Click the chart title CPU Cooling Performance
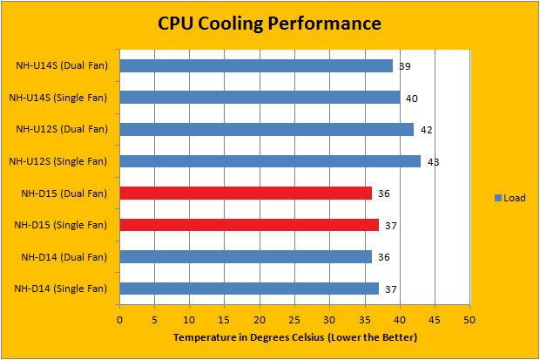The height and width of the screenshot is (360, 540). [269, 23]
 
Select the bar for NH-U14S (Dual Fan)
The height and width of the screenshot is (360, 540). [256, 65]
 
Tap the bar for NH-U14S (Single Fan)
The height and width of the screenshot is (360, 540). [260, 98]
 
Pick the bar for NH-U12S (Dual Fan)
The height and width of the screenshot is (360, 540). [267, 129]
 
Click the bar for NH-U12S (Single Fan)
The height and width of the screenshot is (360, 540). [270, 161]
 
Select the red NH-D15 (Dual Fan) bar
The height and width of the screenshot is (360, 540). [246, 193]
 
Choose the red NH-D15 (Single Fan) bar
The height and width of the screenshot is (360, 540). [249, 225]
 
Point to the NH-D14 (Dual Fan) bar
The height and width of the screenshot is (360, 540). [246, 256]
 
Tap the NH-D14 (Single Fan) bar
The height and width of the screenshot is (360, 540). [249, 289]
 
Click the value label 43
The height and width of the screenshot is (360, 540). [433, 162]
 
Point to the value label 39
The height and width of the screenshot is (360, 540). [405, 66]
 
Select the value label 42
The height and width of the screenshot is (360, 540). [426, 130]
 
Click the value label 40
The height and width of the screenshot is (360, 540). [412, 98]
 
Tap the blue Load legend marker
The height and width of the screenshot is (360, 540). [497, 198]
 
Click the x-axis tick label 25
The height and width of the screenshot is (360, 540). [294, 320]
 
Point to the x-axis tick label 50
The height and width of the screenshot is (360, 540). [469, 320]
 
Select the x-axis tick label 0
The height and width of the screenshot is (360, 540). [119, 320]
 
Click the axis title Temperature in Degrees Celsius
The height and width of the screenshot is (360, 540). [294, 336]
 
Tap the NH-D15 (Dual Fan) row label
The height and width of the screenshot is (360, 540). [61, 193]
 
